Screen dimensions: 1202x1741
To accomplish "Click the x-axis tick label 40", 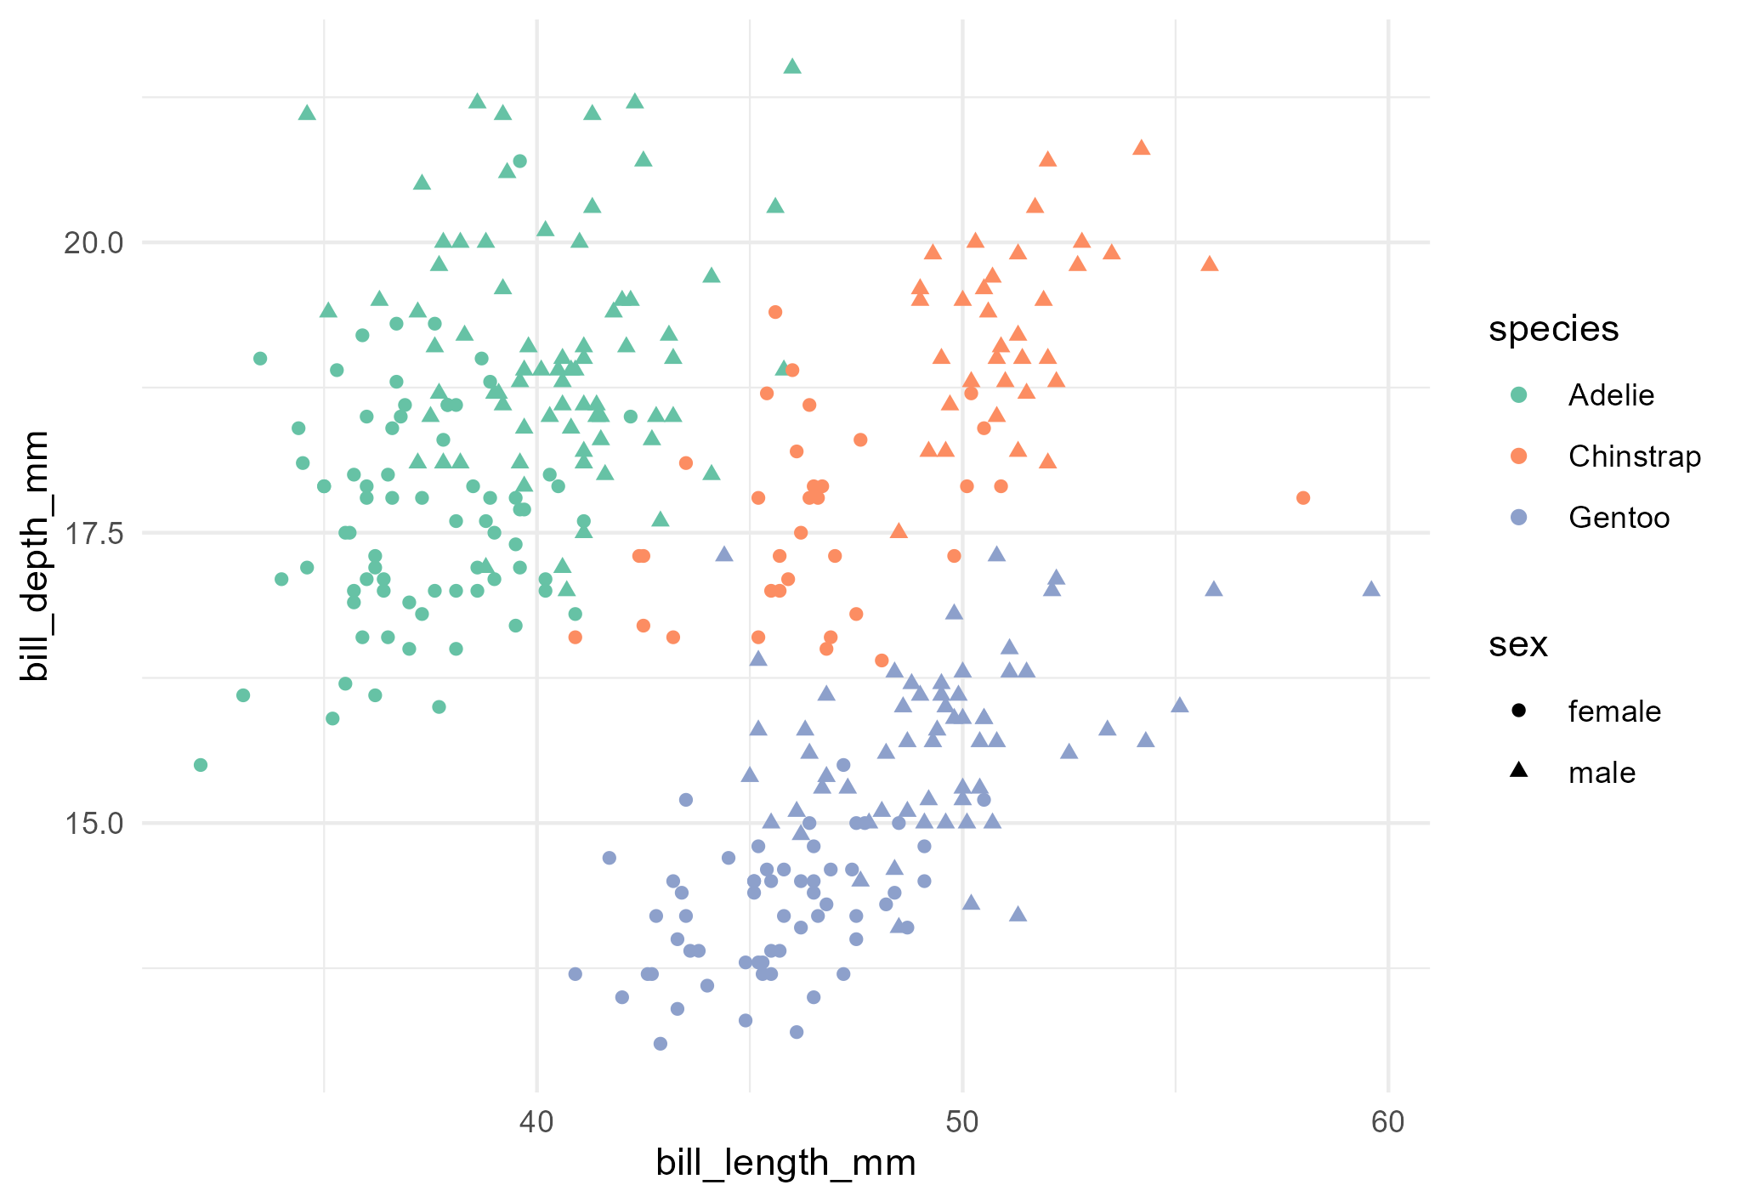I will (536, 1122).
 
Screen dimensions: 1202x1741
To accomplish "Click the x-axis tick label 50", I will (962, 1122).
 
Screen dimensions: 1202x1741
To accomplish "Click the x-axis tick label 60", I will (1387, 1122).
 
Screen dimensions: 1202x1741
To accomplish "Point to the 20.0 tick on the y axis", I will (94, 243).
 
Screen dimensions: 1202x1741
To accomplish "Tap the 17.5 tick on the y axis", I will (94, 533).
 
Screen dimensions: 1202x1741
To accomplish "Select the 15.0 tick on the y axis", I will (94, 823).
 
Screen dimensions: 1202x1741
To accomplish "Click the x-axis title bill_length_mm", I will (785, 1163).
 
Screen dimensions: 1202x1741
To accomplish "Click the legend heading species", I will (1553, 329).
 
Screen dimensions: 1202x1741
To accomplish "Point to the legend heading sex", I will (1517, 645).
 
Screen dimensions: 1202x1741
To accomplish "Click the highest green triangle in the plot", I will (792, 66).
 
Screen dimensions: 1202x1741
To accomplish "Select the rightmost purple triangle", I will (1370, 589).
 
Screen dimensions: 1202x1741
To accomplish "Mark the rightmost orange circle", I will (1302, 497).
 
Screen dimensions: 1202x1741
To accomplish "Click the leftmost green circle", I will (201, 765).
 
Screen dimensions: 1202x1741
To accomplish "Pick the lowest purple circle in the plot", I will (661, 1043).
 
